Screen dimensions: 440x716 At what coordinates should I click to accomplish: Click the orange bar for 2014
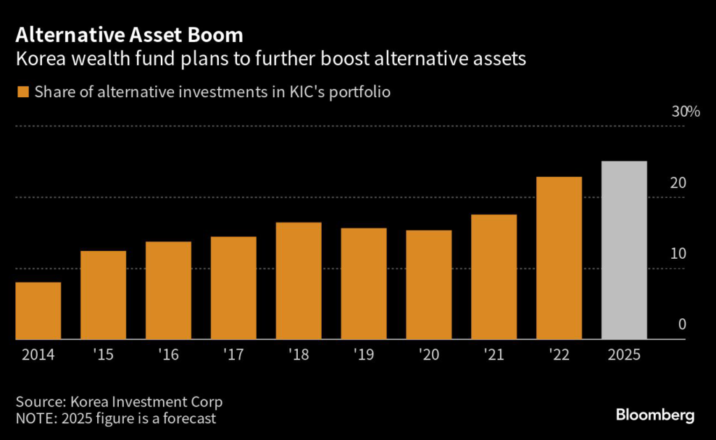(x=38, y=311)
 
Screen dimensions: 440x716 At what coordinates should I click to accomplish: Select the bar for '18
(x=299, y=281)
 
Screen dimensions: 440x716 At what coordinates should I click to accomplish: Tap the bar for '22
(x=559, y=258)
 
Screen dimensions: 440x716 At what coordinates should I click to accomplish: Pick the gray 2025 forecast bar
(x=624, y=250)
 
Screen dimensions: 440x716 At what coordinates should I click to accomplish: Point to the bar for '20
(x=429, y=285)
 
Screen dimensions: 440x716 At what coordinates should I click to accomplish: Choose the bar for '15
(x=103, y=294)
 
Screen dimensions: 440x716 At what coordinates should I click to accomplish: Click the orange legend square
(x=23, y=92)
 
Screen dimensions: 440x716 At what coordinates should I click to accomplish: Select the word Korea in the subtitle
(x=41, y=59)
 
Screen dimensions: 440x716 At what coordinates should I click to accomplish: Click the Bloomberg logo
(x=655, y=415)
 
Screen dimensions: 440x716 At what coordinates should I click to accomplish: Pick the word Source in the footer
(x=39, y=402)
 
